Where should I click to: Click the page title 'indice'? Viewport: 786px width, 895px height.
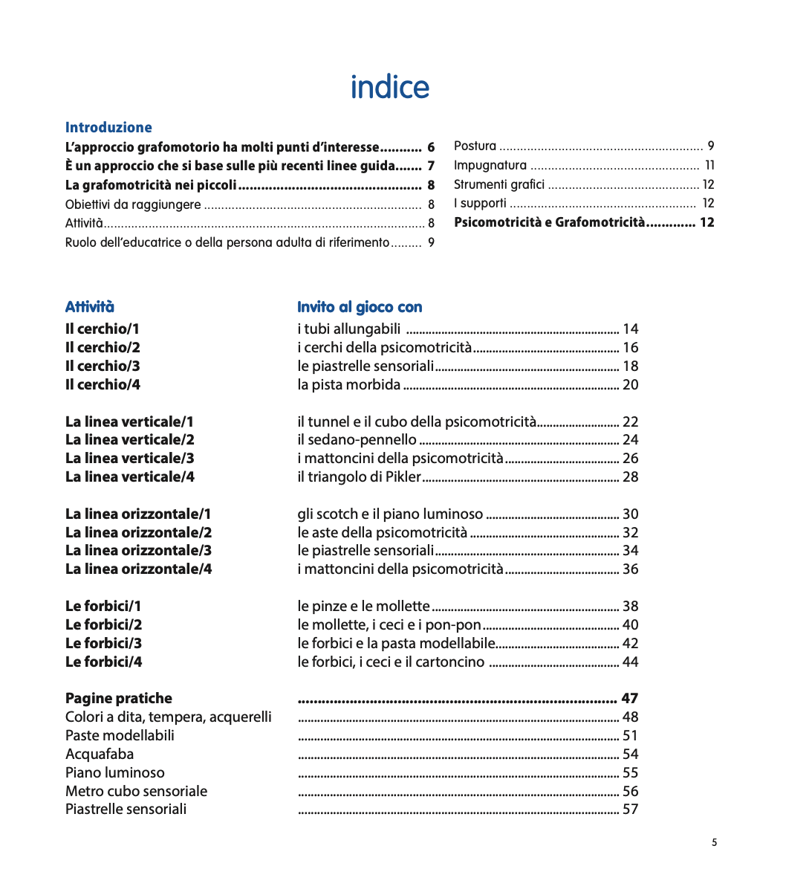pos(389,87)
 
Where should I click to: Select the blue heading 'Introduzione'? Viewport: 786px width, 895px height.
pos(108,127)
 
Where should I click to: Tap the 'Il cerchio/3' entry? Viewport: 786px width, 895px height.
pos(103,366)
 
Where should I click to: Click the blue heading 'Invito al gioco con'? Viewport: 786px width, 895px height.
pos(360,307)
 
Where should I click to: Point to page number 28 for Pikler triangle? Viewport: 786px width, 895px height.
pos(630,476)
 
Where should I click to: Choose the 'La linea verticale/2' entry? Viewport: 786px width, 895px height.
pos(130,439)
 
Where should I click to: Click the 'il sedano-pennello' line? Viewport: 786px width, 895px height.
pos(357,439)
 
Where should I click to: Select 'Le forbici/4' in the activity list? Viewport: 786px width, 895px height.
pos(103,662)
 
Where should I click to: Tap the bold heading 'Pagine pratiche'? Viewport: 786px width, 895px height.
pos(118,698)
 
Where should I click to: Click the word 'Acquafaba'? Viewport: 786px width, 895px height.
pos(100,754)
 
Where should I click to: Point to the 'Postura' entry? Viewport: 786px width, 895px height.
pos(475,146)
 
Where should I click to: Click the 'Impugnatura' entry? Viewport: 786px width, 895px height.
pos(490,165)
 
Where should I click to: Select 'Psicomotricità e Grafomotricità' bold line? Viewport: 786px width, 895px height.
pos(550,222)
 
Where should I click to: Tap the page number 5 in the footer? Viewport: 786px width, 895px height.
pos(714,842)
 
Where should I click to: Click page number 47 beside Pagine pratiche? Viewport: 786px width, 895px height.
pos(629,698)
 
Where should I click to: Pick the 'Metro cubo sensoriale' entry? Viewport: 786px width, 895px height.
pos(136,791)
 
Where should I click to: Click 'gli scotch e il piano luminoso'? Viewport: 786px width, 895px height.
pos(390,514)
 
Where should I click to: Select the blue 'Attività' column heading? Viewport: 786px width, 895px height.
pos(90,307)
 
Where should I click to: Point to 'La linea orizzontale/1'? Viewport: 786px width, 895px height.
pos(138,514)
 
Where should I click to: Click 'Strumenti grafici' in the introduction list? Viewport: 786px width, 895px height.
pos(498,184)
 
